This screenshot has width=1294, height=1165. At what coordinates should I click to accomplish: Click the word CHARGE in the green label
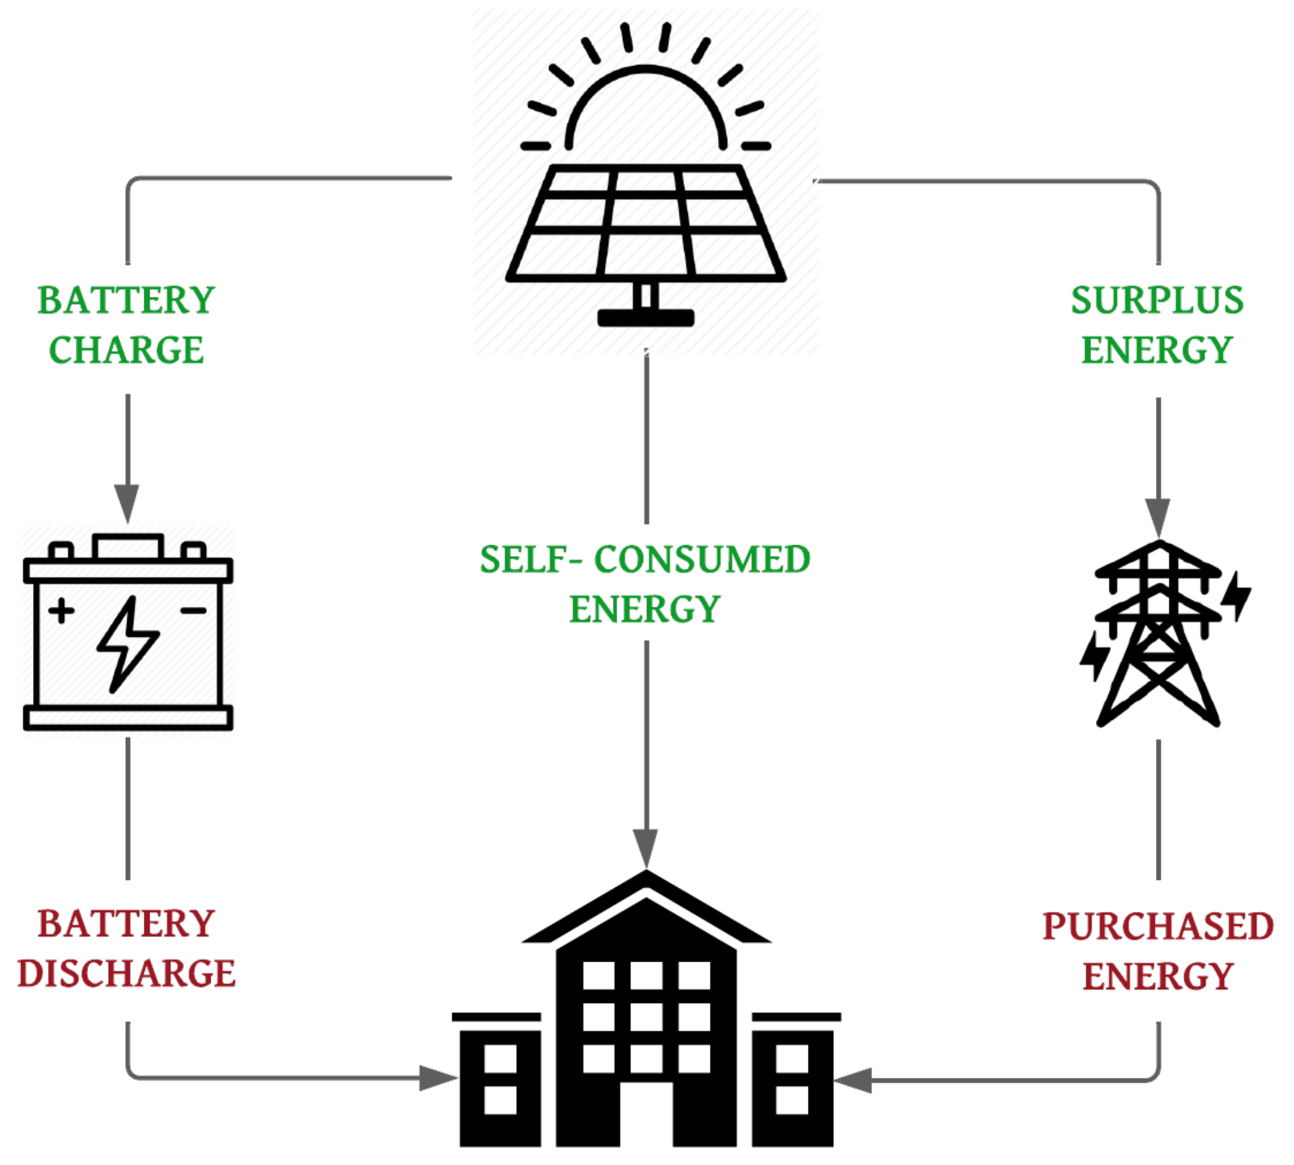click(126, 350)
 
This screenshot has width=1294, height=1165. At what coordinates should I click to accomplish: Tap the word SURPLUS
click(1157, 300)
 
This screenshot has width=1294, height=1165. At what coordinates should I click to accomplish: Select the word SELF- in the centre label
click(531, 559)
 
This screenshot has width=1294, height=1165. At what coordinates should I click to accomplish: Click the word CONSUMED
click(702, 559)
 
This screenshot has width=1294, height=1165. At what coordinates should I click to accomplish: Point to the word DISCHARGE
click(126, 974)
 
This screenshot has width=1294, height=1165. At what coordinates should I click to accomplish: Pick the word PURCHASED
click(1158, 926)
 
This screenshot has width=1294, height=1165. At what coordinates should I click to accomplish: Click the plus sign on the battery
click(62, 610)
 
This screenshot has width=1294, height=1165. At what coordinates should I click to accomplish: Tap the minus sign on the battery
click(193, 610)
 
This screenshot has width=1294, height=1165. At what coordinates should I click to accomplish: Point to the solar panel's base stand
click(645, 317)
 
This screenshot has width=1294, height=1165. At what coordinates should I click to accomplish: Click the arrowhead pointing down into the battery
click(127, 503)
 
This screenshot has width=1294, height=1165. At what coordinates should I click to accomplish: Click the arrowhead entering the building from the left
click(437, 1078)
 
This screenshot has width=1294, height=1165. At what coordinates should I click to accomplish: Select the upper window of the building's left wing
click(500, 1059)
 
